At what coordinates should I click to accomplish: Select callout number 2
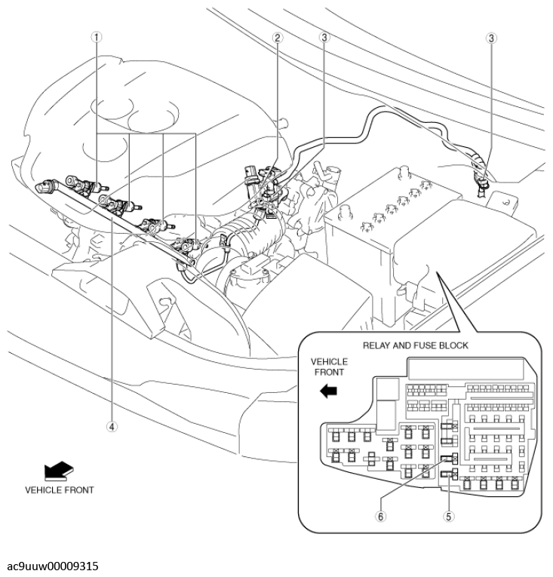pos(278,38)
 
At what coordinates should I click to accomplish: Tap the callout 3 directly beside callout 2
pos(324,38)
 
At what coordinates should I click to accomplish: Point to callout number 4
pos(112,425)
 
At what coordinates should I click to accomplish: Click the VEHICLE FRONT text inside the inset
pos(329,367)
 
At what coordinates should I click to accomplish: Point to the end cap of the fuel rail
pos(45,185)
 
